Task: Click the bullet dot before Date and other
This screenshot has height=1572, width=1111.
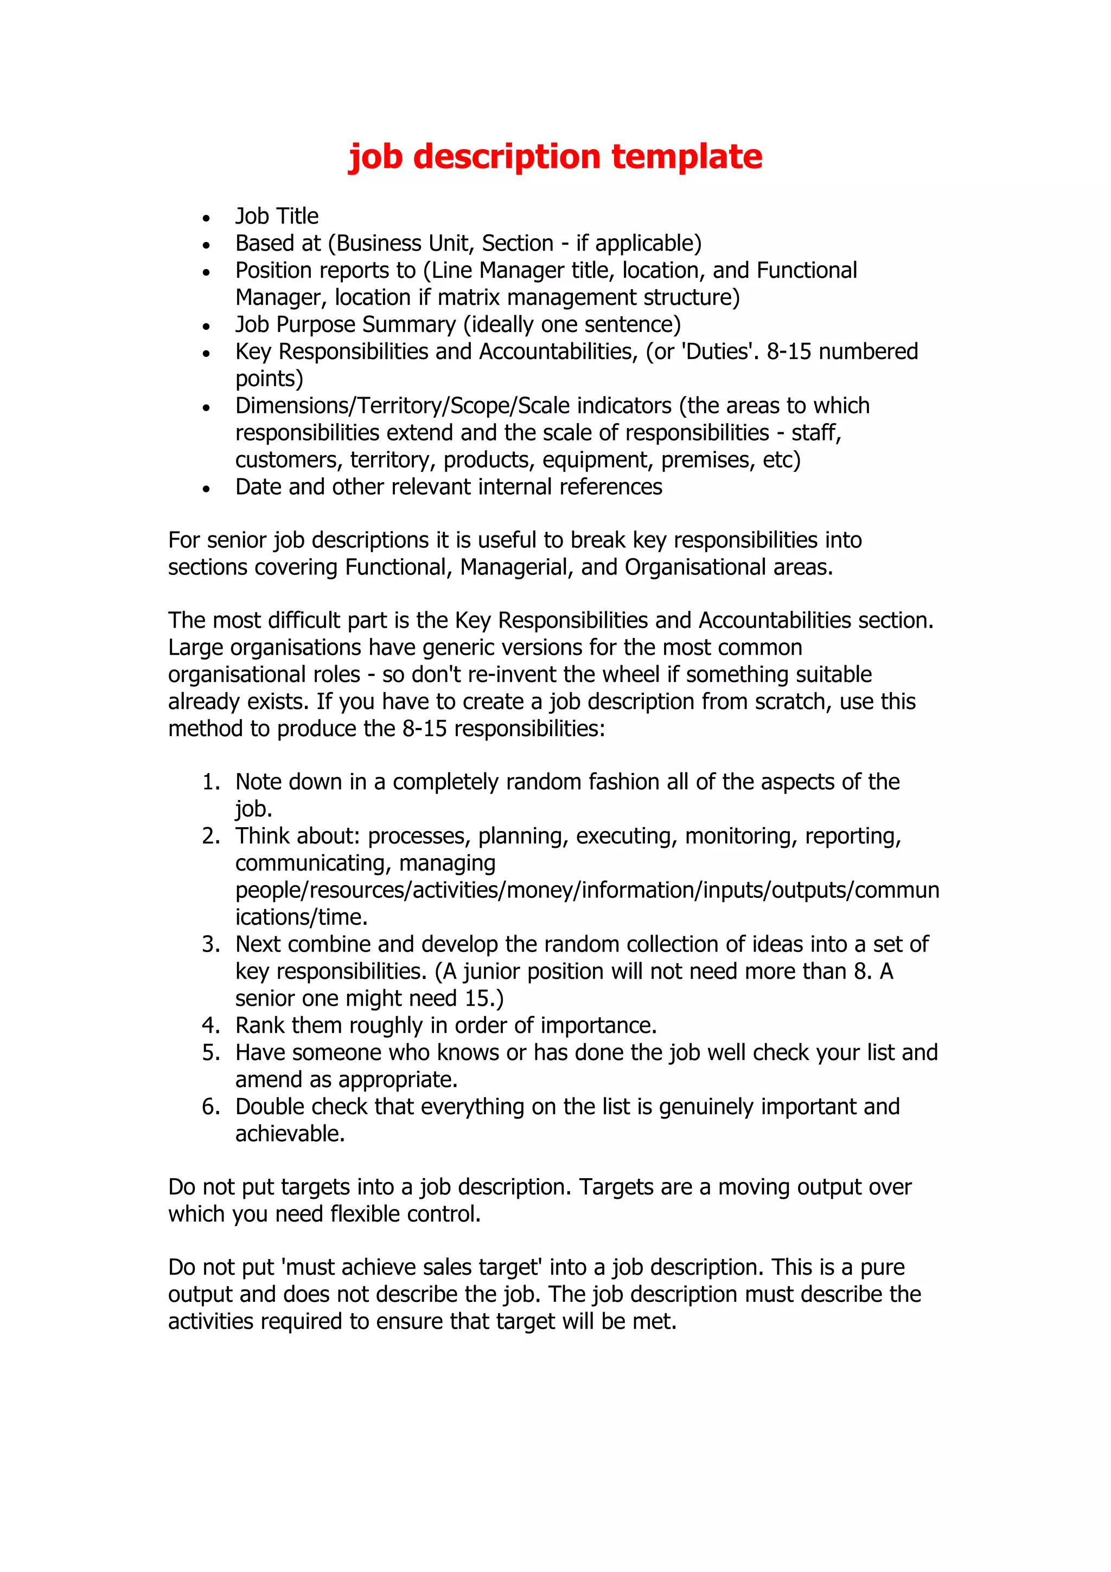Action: tap(206, 489)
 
